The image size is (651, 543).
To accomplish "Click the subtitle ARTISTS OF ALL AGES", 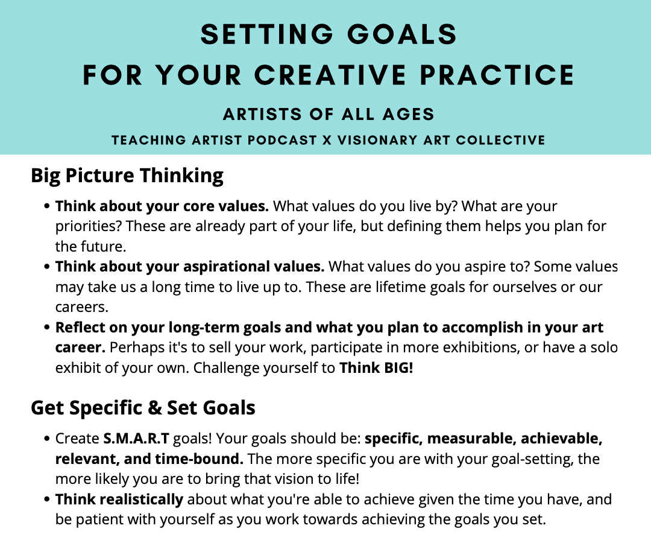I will coord(329,114).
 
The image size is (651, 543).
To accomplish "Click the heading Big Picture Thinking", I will coord(127,176).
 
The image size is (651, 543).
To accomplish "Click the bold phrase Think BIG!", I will coord(377,367).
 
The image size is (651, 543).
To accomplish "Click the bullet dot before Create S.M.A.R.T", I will coord(47,439).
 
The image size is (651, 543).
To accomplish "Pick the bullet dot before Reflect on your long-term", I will coord(47,328).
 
